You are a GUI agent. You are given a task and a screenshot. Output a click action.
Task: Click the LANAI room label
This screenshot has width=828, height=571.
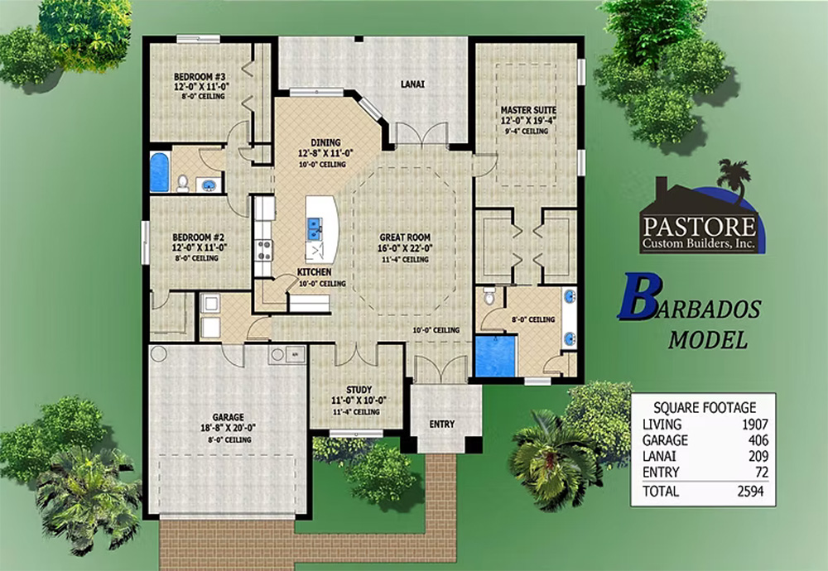(412, 84)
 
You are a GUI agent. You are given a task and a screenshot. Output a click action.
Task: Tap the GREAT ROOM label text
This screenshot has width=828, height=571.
(405, 238)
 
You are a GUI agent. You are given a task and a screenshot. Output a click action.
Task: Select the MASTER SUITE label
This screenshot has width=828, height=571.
(528, 110)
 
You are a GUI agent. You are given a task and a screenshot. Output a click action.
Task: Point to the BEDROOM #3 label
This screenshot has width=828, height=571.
(200, 76)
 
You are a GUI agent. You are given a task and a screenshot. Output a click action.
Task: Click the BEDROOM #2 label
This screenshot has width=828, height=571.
(198, 238)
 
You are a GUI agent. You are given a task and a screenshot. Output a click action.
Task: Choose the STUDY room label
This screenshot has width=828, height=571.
(359, 390)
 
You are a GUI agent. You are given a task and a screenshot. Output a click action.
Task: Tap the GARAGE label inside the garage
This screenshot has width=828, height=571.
(228, 417)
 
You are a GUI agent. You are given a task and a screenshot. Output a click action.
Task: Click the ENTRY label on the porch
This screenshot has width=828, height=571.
(442, 424)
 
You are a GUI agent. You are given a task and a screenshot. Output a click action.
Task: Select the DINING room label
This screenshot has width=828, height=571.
(325, 142)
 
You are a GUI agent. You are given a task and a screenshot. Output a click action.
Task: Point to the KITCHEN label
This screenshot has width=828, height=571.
(314, 271)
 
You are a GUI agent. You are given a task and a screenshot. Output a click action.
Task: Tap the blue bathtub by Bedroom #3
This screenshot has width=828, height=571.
(160, 172)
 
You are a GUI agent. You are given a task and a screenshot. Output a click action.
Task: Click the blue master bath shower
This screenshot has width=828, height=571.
(495, 356)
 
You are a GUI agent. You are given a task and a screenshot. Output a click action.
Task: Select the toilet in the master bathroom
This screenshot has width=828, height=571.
(489, 296)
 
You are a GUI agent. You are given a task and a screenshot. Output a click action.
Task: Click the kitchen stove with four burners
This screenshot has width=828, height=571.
(263, 251)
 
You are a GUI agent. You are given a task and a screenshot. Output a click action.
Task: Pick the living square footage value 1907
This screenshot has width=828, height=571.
(754, 425)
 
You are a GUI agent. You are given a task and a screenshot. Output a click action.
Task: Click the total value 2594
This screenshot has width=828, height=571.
(750, 491)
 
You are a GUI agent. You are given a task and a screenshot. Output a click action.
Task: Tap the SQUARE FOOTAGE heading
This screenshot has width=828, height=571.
(705, 407)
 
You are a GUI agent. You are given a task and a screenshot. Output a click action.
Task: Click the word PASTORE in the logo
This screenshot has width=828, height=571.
(699, 227)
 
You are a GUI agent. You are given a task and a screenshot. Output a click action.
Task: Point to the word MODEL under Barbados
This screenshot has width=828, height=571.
(708, 340)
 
